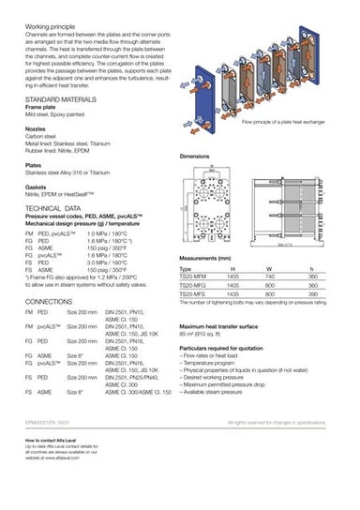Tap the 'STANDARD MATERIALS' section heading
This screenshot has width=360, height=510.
pyautogui.click(x=57, y=97)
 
